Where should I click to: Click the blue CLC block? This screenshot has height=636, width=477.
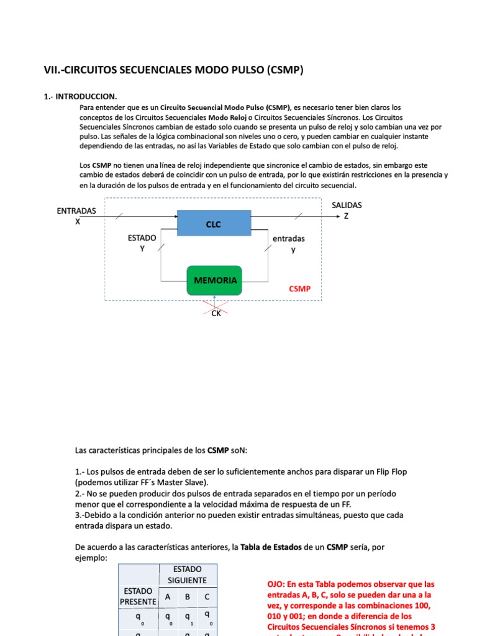click(x=214, y=224)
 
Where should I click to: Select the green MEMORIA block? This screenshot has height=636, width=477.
click(x=215, y=281)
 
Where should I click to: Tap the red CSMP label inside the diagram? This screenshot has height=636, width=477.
click(x=299, y=289)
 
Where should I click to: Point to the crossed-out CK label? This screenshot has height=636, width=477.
click(x=216, y=314)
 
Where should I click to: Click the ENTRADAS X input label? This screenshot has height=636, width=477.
click(x=76, y=216)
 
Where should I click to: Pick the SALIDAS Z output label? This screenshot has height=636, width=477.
click(x=346, y=211)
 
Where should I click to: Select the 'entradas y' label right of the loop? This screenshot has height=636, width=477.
click(x=289, y=244)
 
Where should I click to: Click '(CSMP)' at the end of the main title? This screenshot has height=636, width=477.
click(x=285, y=70)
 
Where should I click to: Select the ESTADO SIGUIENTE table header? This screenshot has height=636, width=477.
click(x=187, y=575)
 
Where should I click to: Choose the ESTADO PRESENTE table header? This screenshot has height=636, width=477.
click(x=138, y=596)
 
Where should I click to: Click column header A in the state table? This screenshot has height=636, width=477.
click(x=168, y=597)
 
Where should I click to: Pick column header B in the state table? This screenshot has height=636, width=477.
click(x=188, y=597)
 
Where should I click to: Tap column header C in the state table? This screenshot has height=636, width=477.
click(x=207, y=597)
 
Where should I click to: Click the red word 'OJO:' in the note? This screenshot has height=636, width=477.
click(x=276, y=584)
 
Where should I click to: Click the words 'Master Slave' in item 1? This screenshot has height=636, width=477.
click(x=182, y=482)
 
